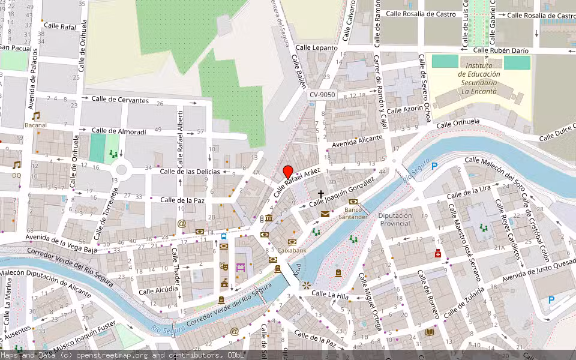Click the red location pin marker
[288, 172]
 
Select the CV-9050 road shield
[322, 95]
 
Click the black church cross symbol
[321, 194]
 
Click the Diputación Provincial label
[395, 219]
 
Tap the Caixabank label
[292, 250]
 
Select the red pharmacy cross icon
[439, 254]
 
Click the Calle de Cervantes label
[119, 100]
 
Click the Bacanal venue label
[35, 125]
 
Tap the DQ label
[16, 175]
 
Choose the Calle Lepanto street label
[317, 47]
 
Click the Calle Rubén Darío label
[502, 50]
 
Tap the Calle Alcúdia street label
[158, 290]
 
